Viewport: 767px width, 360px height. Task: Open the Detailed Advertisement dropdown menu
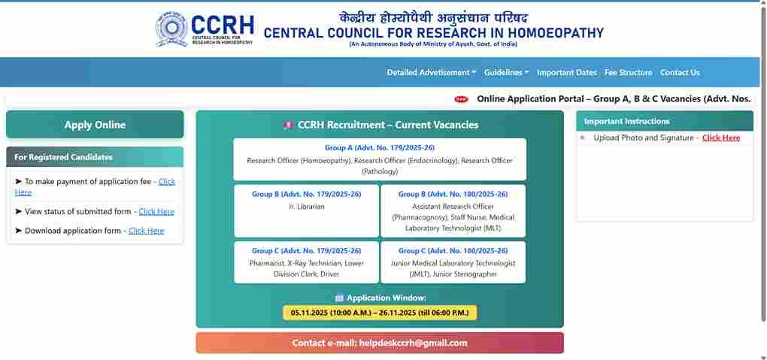pos(431,72)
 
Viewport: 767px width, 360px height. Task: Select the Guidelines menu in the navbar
pos(506,72)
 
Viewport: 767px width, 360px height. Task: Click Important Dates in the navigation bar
pos(566,72)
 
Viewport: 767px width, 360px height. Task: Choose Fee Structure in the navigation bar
pos(628,72)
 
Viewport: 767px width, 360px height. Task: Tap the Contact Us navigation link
pos(680,72)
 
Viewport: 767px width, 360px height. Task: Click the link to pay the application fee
pos(166,182)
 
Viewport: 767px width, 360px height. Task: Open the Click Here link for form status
pos(156,212)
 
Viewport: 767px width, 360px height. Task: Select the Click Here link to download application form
pos(146,231)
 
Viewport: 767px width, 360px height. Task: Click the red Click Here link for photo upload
pos(720,138)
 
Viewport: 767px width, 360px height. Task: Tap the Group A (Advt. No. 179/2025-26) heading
pos(379,148)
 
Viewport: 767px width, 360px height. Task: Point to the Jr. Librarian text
pos(306,206)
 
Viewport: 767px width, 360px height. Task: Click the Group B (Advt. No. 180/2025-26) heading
pos(453,194)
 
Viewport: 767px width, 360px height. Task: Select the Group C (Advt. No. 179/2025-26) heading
pos(306,250)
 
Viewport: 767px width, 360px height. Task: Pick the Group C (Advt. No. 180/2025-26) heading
pos(453,250)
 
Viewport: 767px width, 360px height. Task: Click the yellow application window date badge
pos(380,313)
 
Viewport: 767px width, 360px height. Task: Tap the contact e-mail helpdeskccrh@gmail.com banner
pos(380,343)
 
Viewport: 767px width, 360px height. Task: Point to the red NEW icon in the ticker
pos(461,99)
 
